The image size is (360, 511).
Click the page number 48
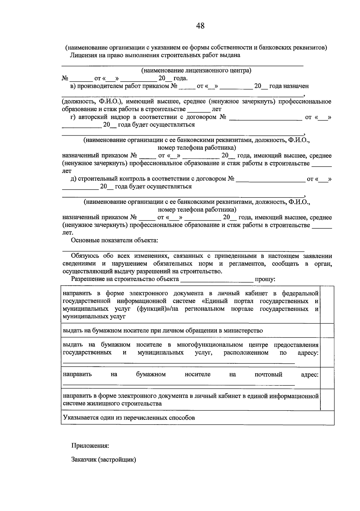coord(200,26)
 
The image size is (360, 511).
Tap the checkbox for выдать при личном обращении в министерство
coord(327,330)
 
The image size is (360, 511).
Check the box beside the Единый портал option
coord(327,305)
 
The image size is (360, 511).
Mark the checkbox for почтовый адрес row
coord(327,378)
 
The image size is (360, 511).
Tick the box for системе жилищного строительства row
coord(327,400)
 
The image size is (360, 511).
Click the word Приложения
coord(90,446)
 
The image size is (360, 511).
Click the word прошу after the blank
coord(265,279)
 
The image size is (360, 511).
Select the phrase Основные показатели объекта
coord(114,240)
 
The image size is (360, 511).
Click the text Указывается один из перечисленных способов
coord(129,418)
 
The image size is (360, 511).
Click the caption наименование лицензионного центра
coord(196,71)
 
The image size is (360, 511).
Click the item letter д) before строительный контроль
coord(73,179)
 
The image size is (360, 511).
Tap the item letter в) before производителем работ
coord(73,86)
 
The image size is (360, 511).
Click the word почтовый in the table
coord(268,374)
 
